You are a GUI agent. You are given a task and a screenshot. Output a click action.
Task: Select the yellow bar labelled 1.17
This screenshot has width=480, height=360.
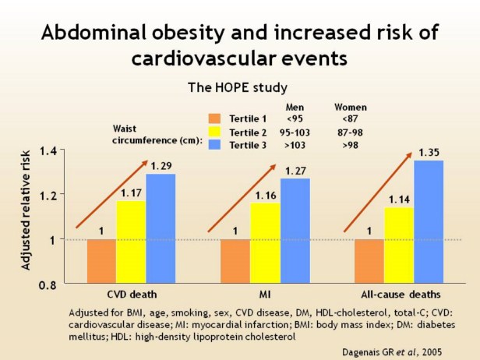[x=131, y=242]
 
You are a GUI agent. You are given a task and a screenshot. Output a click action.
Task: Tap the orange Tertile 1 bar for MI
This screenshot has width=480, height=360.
[x=235, y=262]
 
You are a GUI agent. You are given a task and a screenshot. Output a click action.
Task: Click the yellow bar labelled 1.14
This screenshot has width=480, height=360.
[x=398, y=245]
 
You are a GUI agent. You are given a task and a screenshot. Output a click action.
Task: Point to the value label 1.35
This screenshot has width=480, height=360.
[x=428, y=152]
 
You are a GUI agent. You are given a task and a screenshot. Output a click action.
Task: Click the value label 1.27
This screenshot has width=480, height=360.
[x=295, y=171]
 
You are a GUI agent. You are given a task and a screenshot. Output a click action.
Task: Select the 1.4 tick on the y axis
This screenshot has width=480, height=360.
[x=48, y=150]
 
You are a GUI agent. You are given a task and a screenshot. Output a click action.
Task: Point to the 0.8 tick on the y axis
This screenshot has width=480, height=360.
[x=48, y=285]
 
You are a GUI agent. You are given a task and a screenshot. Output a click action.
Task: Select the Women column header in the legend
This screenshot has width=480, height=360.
[x=351, y=106]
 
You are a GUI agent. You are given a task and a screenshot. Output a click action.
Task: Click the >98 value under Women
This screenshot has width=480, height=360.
[x=351, y=145]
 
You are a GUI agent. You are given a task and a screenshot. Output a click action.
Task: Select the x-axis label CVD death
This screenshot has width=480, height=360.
[x=131, y=296]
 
